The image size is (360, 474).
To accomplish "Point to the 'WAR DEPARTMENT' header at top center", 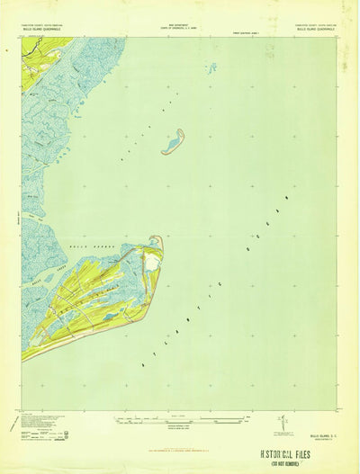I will [x=179, y=10].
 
